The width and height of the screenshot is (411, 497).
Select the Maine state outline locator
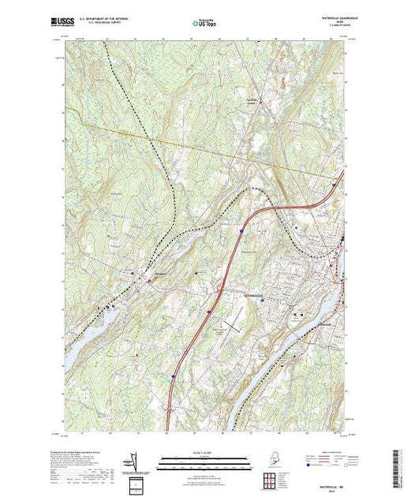[273, 458]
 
